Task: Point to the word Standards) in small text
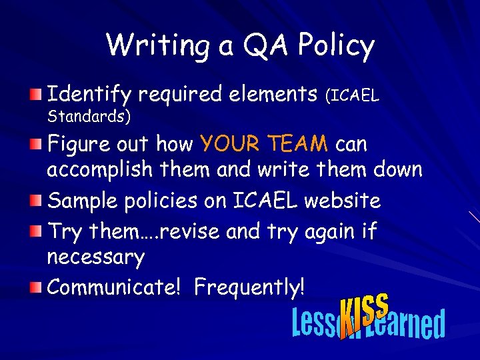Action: click(x=89, y=117)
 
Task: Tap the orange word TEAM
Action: click(x=298, y=143)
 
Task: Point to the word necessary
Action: click(x=95, y=256)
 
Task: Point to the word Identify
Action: click(x=89, y=94)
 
